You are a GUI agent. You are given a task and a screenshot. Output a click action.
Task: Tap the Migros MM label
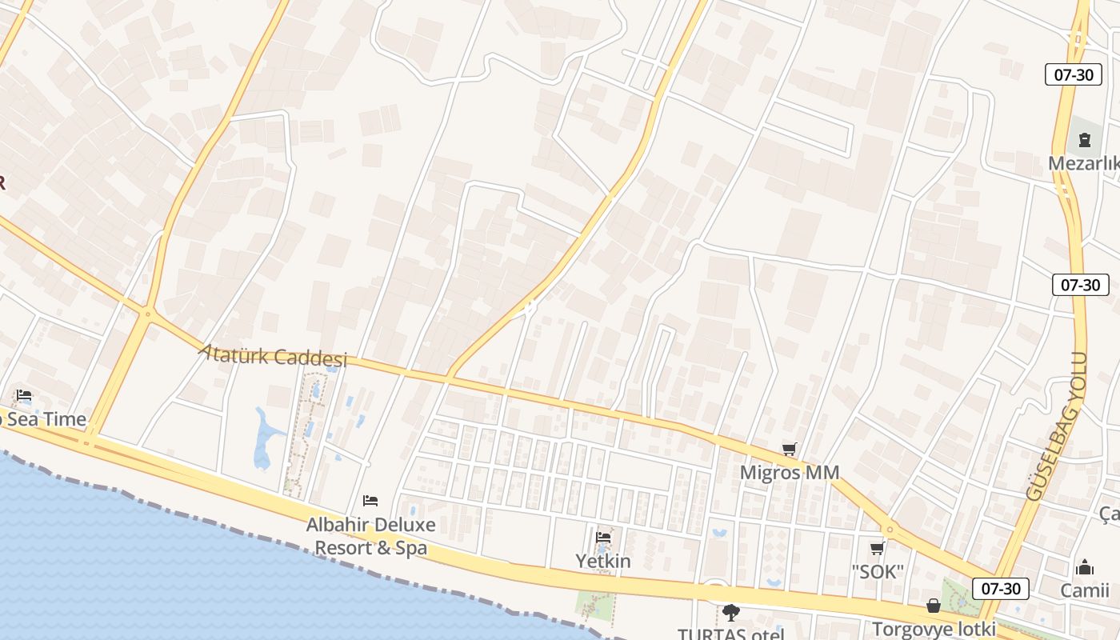pyautogui.click(x=790, y=473)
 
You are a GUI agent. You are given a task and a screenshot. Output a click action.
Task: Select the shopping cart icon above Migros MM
pyautogui.click(x=790, y=450)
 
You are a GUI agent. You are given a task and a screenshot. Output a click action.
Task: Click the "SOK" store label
pyautogui.click(x=878, y=572)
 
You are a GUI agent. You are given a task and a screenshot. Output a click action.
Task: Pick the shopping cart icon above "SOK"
pyautogui.click(x=878, y=549)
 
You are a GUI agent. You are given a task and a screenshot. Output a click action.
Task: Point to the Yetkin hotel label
pyautogui.click(x=603, y=562)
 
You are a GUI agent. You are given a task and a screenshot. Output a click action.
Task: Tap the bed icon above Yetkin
pyautogui.click(x=603, y=538)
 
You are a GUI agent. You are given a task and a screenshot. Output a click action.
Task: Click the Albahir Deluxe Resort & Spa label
pyautogui.click(x=370, y=536)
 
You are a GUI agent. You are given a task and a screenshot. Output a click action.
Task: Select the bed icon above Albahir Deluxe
pyautogui.click(x=370, y=501)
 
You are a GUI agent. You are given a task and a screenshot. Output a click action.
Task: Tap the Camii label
pyautogui.click(x=1085, y=590)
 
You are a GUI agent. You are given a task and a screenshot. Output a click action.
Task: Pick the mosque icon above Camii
pyautogui.click(x=1085, y=568)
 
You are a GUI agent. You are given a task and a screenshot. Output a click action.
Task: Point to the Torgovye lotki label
pyautogui.click(x=934, y=629)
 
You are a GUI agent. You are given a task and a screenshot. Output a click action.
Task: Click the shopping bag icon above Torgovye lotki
pyautogui.click(x=933, y=606)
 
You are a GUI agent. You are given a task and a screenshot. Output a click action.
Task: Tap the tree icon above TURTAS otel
pyautogui.click(x=730, y=613)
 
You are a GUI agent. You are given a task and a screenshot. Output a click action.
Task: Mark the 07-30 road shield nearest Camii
pyautogui.click(x=1001, y=589)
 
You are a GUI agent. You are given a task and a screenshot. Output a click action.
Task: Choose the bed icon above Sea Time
pyautogui.click(x=24, y=395)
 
